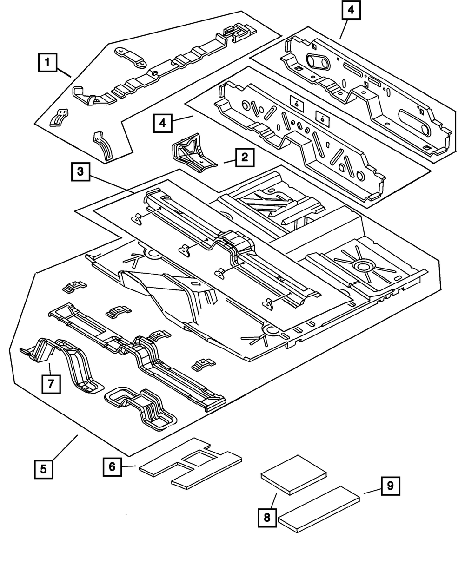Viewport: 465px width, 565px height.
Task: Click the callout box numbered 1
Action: [x=47, y=62]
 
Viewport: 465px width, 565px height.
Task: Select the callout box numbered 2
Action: [x=245, y=158]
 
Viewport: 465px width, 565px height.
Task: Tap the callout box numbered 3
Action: [x=80, y=172]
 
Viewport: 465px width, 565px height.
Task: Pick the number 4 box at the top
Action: [x=351, y=10]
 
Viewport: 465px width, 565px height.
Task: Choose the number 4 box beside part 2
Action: [x=162, y=123]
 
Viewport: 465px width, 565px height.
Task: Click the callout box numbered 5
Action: [x=43, y=469]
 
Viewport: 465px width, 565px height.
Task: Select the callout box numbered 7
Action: [x=51, y=384]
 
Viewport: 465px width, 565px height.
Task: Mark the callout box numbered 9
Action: [x=390, y=486]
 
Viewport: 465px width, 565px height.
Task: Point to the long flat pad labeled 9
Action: [x=319, y=509]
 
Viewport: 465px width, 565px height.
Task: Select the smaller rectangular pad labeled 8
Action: [x=294, y=475]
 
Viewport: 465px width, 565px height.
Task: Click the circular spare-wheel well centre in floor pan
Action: [x=363, y=267]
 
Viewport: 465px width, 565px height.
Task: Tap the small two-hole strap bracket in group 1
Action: [x=131, y=57]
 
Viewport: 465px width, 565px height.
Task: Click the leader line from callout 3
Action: [x=112, y=184]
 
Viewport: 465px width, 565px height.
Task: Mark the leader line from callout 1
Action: [x=64, y=72]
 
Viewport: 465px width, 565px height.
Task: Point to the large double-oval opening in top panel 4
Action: [x=318, y=62]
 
